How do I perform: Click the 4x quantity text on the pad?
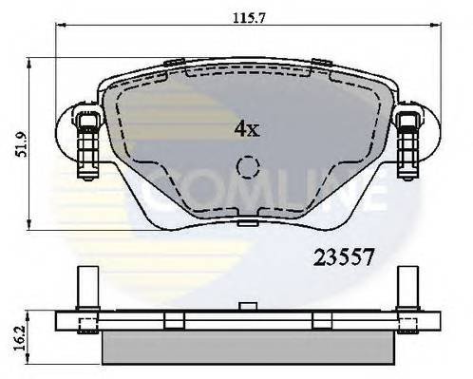(x=246, y=128)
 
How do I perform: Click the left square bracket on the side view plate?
(x=85, y=325)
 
